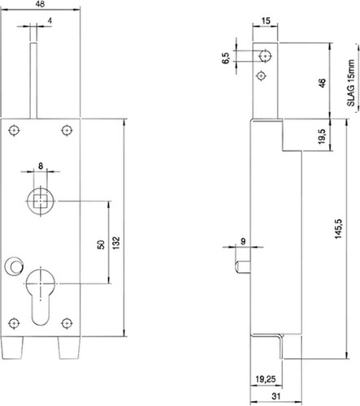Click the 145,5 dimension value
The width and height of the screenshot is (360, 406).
(339, 229)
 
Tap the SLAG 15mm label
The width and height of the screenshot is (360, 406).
(351, 83)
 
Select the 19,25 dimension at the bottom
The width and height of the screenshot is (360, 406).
(266, 379)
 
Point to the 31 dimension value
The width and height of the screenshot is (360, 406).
(275, 396)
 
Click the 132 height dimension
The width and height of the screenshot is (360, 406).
(115, 243)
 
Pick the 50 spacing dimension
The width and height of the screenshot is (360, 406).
(101, 244)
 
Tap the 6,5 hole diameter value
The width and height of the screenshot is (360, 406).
(226, 58)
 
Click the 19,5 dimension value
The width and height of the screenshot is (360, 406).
(322, 136)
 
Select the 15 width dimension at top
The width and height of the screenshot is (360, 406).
(266, 20)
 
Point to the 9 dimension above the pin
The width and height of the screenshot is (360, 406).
(243, 241)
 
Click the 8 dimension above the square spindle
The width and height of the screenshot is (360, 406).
(41, 166)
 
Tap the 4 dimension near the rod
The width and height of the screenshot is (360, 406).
(50, 20)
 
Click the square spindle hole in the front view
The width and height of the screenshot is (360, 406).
(41, 201)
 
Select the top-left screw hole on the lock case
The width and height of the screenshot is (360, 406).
(14, 131)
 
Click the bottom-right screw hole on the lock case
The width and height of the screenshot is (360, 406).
(67, 323)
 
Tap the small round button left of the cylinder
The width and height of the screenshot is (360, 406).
(13, 266)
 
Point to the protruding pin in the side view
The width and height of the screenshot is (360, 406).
(243, 267)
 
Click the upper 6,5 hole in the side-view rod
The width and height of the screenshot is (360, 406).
(265, 56)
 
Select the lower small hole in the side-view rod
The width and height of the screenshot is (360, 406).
(261, 76)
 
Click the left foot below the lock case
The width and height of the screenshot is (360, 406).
(12, 348)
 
